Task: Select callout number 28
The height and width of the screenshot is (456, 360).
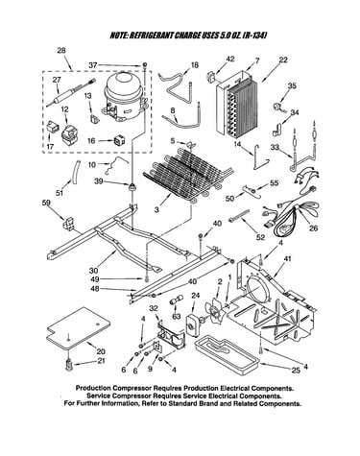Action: (x=61, y=50)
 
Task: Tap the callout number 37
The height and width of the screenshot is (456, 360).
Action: (x=93, y=65)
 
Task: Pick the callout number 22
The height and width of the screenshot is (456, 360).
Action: (x=283, y=60)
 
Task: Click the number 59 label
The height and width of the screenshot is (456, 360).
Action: (x=46, y=203)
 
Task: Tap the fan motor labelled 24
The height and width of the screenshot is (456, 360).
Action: (x=192, y=324)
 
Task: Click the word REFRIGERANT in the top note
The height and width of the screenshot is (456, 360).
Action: (x=151, y=35)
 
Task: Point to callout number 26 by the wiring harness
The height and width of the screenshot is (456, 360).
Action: (x=314, y=228)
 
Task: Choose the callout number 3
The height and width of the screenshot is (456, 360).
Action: (x=156, y=209)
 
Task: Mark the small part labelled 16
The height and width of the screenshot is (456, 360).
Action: (x=119, y=140)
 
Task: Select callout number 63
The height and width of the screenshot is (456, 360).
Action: (x=176, y=317)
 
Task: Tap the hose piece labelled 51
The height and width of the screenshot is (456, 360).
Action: (x=76, y=172)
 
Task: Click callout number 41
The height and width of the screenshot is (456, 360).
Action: (x=287, y=259)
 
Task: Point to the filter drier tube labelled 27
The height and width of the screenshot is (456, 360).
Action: (x=70, y=92)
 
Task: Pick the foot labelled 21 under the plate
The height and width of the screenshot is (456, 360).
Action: (x=69, y=365)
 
